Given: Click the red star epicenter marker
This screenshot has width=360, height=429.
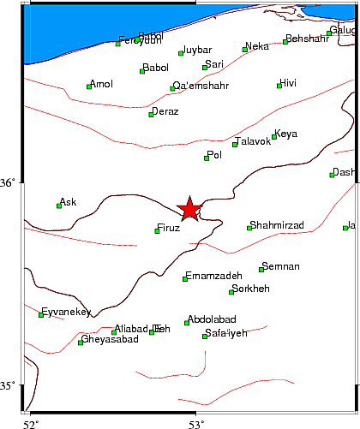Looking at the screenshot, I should coord(189,208).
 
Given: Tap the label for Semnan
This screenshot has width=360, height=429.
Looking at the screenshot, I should coord(283,266).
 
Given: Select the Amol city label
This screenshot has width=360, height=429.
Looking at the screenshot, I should coord(102,83).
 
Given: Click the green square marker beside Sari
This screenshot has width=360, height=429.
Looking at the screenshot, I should coord(205,67).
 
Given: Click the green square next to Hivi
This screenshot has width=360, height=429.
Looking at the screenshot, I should coord(279,85).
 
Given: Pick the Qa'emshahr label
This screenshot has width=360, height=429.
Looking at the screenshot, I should coord(202,86).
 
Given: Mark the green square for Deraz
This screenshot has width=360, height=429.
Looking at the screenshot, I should coord(151,114).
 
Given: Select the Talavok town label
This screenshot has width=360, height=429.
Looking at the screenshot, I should coord(255,141).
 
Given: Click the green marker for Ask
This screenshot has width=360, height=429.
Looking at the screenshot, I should coord(59,206).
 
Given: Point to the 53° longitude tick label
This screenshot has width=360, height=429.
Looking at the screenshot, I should coord(196,423).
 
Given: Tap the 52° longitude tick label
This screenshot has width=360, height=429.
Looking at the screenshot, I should coord(31,423).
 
